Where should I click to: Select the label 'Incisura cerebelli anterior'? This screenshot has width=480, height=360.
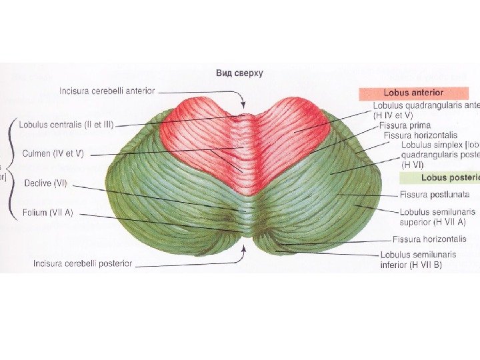(x=107, y=91)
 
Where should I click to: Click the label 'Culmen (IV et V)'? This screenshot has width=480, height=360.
(x=54, y=153)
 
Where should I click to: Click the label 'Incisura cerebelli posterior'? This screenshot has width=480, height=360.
(x=83, y=264)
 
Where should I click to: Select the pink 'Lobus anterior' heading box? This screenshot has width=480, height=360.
(x=413, y=93)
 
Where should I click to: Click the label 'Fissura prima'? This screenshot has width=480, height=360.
(x=405, y=125)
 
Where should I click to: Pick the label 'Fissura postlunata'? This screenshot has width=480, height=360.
(x=434, y=195)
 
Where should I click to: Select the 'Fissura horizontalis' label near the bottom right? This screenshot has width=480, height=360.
(x=429, y=239)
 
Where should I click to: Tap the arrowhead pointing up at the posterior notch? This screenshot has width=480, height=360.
(x=244, y=249)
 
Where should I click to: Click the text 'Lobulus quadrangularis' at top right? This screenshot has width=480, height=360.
(x=420, y=105)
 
